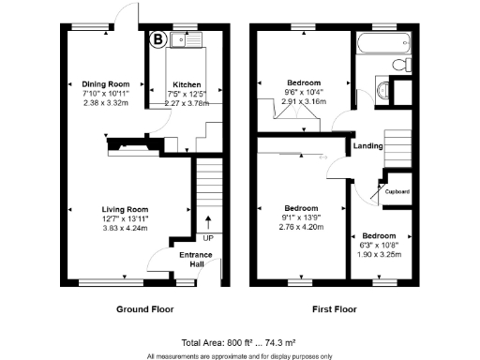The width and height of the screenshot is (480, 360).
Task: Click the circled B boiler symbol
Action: pyautogui.click(x=157, y=40)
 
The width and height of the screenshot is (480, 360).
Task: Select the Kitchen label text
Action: pyautogui.click(x=186, y=83)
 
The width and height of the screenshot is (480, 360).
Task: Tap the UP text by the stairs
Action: pyautogui.click(x=208, y=238)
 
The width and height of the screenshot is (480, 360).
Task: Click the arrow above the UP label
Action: pyautogui.click(x=208, y=222)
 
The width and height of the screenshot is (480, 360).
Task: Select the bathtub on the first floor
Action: pyautogui.click(x=384, y=43)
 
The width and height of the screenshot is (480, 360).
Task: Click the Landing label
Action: pyautogui.click(x=366, y=146)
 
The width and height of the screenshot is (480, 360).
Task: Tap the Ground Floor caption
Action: pyautogui.click(x=144, y=308)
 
